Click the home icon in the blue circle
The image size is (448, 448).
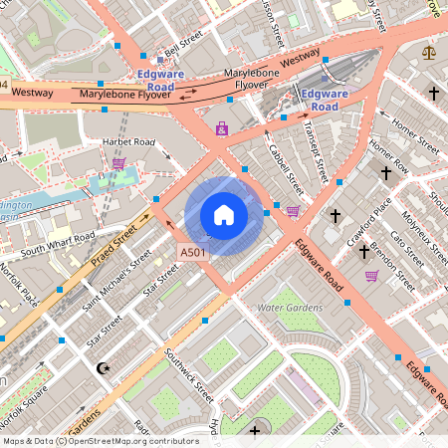224,215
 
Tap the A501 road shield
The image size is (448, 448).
193,253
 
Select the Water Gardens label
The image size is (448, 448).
290,309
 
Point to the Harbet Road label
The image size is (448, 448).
129,143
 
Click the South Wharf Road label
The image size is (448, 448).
58,241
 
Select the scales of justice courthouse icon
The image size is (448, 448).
429,52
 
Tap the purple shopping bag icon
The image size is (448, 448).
221,128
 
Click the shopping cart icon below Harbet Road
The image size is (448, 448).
119,163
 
